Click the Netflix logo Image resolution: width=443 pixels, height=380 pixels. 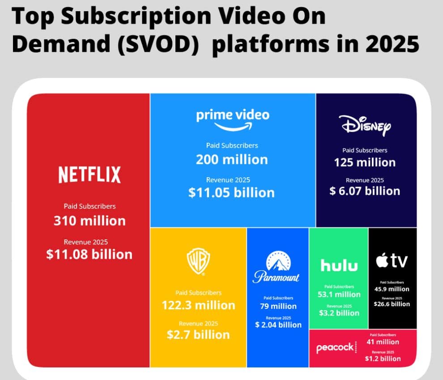[x=89, y=175]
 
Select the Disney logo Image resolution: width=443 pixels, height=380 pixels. [x=365, y=126]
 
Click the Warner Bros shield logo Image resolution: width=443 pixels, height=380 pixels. [x=198, y=261]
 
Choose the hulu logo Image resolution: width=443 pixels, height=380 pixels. [x=339, y=265]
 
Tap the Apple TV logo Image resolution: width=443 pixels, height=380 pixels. [x=392, y=261]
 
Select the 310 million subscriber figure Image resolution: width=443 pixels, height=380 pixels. [x=89, y=221]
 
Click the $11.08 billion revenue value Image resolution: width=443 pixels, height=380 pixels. [x=89, y=254]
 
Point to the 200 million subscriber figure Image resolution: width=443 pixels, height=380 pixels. [x=232, y=159]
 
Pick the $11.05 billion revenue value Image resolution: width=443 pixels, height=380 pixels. [x=231, y=193]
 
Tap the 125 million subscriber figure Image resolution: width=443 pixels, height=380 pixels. [x=365, y=162]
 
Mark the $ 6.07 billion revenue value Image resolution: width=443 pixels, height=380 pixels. [x=365, y=191]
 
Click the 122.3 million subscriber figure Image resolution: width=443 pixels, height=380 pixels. [x=198, y=305]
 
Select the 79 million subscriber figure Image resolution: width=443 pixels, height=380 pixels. [x=278, y=306]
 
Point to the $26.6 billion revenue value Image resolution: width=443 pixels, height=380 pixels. [x=392, y=304]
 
